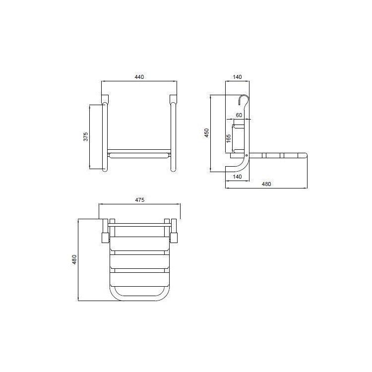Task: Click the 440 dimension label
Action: [139, 77]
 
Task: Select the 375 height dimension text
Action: [85, 137]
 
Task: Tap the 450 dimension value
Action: [207, 133]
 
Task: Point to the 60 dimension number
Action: [239, 115]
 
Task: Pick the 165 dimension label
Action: [228, 137]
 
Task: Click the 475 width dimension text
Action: [139, 200]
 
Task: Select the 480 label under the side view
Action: [266, 184]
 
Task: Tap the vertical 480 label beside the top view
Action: [74, 259]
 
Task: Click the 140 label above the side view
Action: [237, 77]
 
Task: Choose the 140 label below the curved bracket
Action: [237, 177]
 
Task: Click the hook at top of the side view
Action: [243, 100]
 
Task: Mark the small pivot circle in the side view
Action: [247, 155]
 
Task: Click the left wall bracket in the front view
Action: [104, 98]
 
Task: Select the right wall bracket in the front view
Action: [173, 98]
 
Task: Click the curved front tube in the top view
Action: [138, 298]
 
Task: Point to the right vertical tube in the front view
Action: [173, 136]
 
